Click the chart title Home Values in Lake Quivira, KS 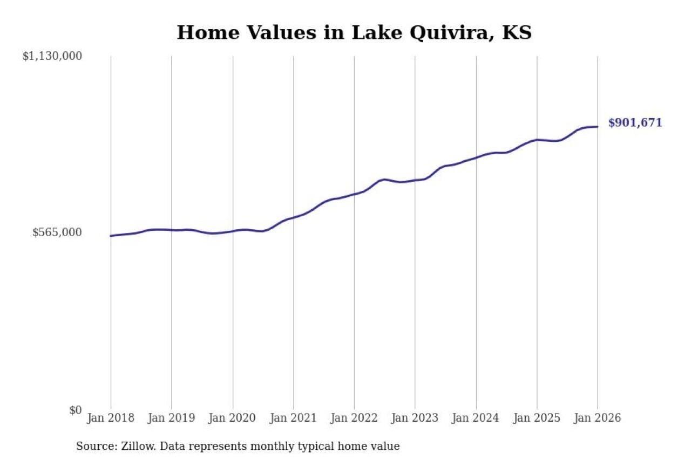[x=354, y=33]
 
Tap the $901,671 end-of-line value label [x=635, y=123]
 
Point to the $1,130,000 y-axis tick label [x=52, y=56]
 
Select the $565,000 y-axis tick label [x=57, y=232]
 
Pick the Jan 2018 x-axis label [x=111, y=418]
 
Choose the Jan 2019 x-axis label [x=172, y=418]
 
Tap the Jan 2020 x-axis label [x=233, y=418]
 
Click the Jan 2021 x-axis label [x=293, y=418]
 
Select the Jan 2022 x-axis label [x=354, y=418]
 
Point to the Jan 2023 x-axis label [x=415, y=418]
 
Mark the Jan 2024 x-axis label [x=476, y=418]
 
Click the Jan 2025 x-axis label [x=537, y=418]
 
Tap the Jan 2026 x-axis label [x=598, y=418]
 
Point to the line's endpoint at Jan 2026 [x=598, y=127]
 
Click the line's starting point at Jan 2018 [x=111, y=236]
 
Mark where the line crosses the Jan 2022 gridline [x=354, y=194]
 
